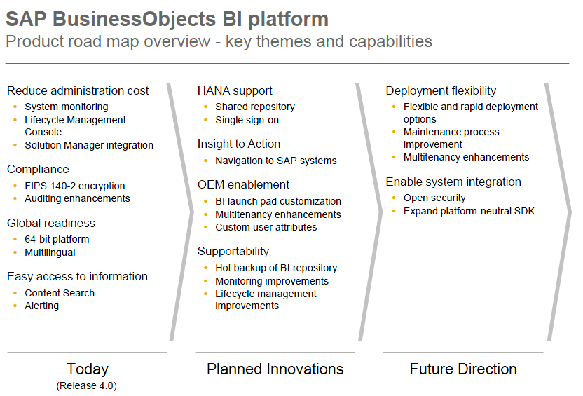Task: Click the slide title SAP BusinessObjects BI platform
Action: pyautogui.click(x=167, y=18)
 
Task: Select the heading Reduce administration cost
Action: pyautogui.click(x=78, y=90)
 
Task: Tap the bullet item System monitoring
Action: pyautogui.click(x=67, y=107)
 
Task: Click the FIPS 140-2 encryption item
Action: pyautogui.click(x=75, y=186)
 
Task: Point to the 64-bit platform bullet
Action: pyautogui.click(x=57, y=239)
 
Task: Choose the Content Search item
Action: pyautogui.click(x=60, y=293)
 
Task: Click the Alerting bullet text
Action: pyautogui.click(x=42, y=306)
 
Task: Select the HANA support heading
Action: pyautogui.click(x=235, y=90)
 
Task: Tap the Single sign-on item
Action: pyautogui.click(x=247, y=120)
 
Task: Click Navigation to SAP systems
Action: pyautogui.click(x=276, y=161)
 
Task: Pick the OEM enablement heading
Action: pyautogui.click(x=243, y=184)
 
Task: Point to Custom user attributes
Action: pyautogui.click(x=266, y=227)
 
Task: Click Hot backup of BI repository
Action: pyautogui.click(x=276, y=268)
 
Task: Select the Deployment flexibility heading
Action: pyautogui.click(x=441, y=90)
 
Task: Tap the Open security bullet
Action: pyautogui.click(x=434, y=198)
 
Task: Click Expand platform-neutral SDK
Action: pyautogui.click(x=469, y=211)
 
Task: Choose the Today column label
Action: pyautogui.click(x=88, y=369)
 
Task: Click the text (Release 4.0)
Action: pyautogui.click(x=86, y=385)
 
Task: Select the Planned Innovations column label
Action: pyautogui.click(x=275, y=369)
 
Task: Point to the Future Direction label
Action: pyautogui.click(x=463, y=369)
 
